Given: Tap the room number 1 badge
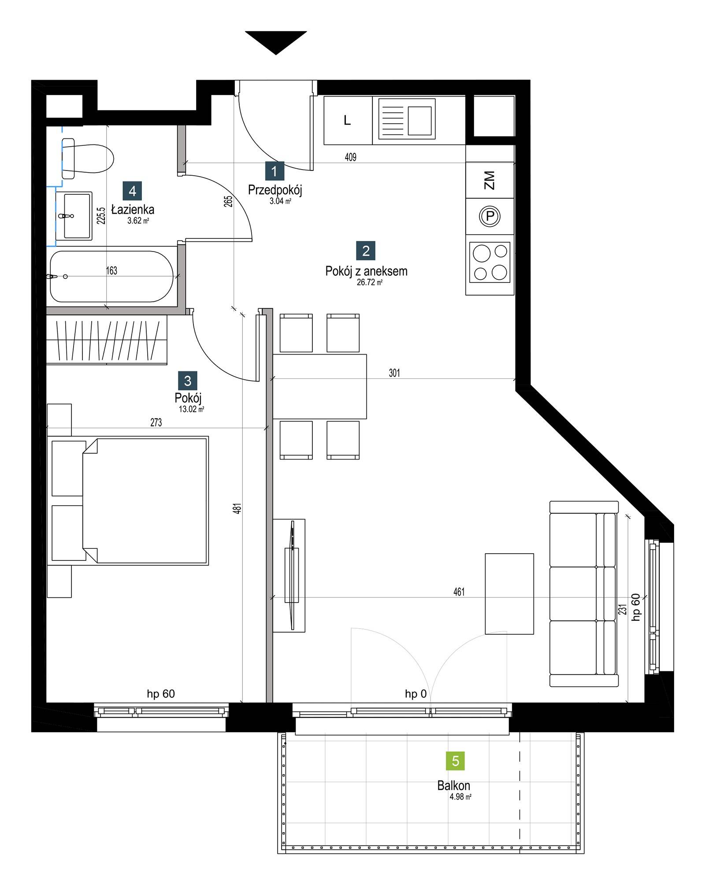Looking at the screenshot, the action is (275, 171).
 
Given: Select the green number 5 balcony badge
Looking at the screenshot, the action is (456, 761).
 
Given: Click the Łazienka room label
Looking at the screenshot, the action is (133, 210).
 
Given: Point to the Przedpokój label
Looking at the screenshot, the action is (275, 190).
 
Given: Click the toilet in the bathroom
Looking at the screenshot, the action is (87, 158).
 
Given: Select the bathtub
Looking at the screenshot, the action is (112, 276).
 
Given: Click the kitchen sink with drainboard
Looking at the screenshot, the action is (404, 120).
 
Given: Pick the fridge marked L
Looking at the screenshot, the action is (348, 120).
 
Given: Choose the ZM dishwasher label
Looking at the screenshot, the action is (489, 180).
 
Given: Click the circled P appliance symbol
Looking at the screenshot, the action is (490, 216).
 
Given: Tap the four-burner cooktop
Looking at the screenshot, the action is (490, 262).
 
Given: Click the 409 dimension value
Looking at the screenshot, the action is (351, 157).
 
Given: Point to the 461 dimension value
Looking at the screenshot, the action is (459, 592).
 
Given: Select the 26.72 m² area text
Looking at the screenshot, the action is (369, 282).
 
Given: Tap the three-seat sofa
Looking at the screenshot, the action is (584, 593).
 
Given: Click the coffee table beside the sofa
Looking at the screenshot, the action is (509, 594).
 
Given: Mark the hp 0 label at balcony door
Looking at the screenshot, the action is (416, 694).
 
